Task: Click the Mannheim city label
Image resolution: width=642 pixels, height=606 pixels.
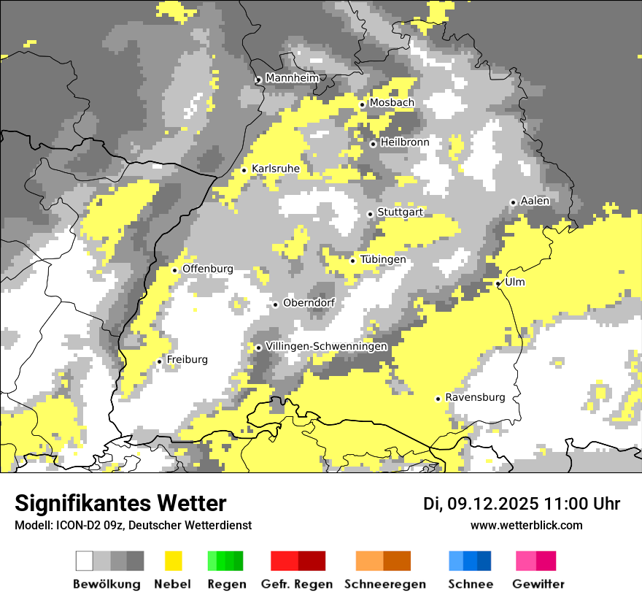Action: pyautogui.click(x=293, y=78)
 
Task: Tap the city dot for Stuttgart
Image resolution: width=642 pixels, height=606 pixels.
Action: pyautogui.click(x=371, y=214)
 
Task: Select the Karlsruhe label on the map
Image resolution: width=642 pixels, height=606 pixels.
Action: pyautogui.click(x=276, y=169)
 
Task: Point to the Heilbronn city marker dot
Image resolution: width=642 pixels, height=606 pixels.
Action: pyautogui.click(x=373, y=144)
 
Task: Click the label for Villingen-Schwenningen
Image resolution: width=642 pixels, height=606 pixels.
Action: pyautogui.click(x=327, y=346)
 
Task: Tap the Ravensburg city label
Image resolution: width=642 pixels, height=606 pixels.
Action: pyautogui.click(x=475, y=397)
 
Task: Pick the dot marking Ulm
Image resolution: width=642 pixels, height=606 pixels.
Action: pyautogui.click(x=498, y=283)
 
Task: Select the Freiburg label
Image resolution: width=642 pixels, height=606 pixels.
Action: pyautogui.click(x=187, y=359)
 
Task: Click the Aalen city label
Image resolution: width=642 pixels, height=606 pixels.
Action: pyautogui.click(x=535, y=201)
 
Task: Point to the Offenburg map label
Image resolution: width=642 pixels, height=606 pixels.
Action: pyautogui.click(x=208, y=269)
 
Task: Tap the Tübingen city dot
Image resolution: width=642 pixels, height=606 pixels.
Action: pyautogui.click(x=353, y=261)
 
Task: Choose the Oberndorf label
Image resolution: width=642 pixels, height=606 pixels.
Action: pyautogui.click(x=309, y=303)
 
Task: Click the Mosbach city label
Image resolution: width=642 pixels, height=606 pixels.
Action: pyautogui.click(x=392, y=103)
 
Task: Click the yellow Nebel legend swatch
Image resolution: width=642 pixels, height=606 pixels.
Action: pyautogui.click(x=173, y=561)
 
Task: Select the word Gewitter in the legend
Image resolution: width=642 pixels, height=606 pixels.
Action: pyautogui.click(x=538, y=584)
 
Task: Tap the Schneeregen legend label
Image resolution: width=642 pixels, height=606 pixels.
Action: pyautogui.click(x=385, y=584)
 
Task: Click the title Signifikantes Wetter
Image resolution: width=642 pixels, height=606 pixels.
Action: pyautogui.click(x=120, y=503)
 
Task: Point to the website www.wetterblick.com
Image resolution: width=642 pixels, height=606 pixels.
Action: pyautogui.click(x=527, y=525)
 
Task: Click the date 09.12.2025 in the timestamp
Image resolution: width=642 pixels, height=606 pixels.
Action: pyautogui.click(x=492, y=504)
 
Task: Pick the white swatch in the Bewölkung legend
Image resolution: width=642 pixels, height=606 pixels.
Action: pyautogui.click(x=85, y=561)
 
